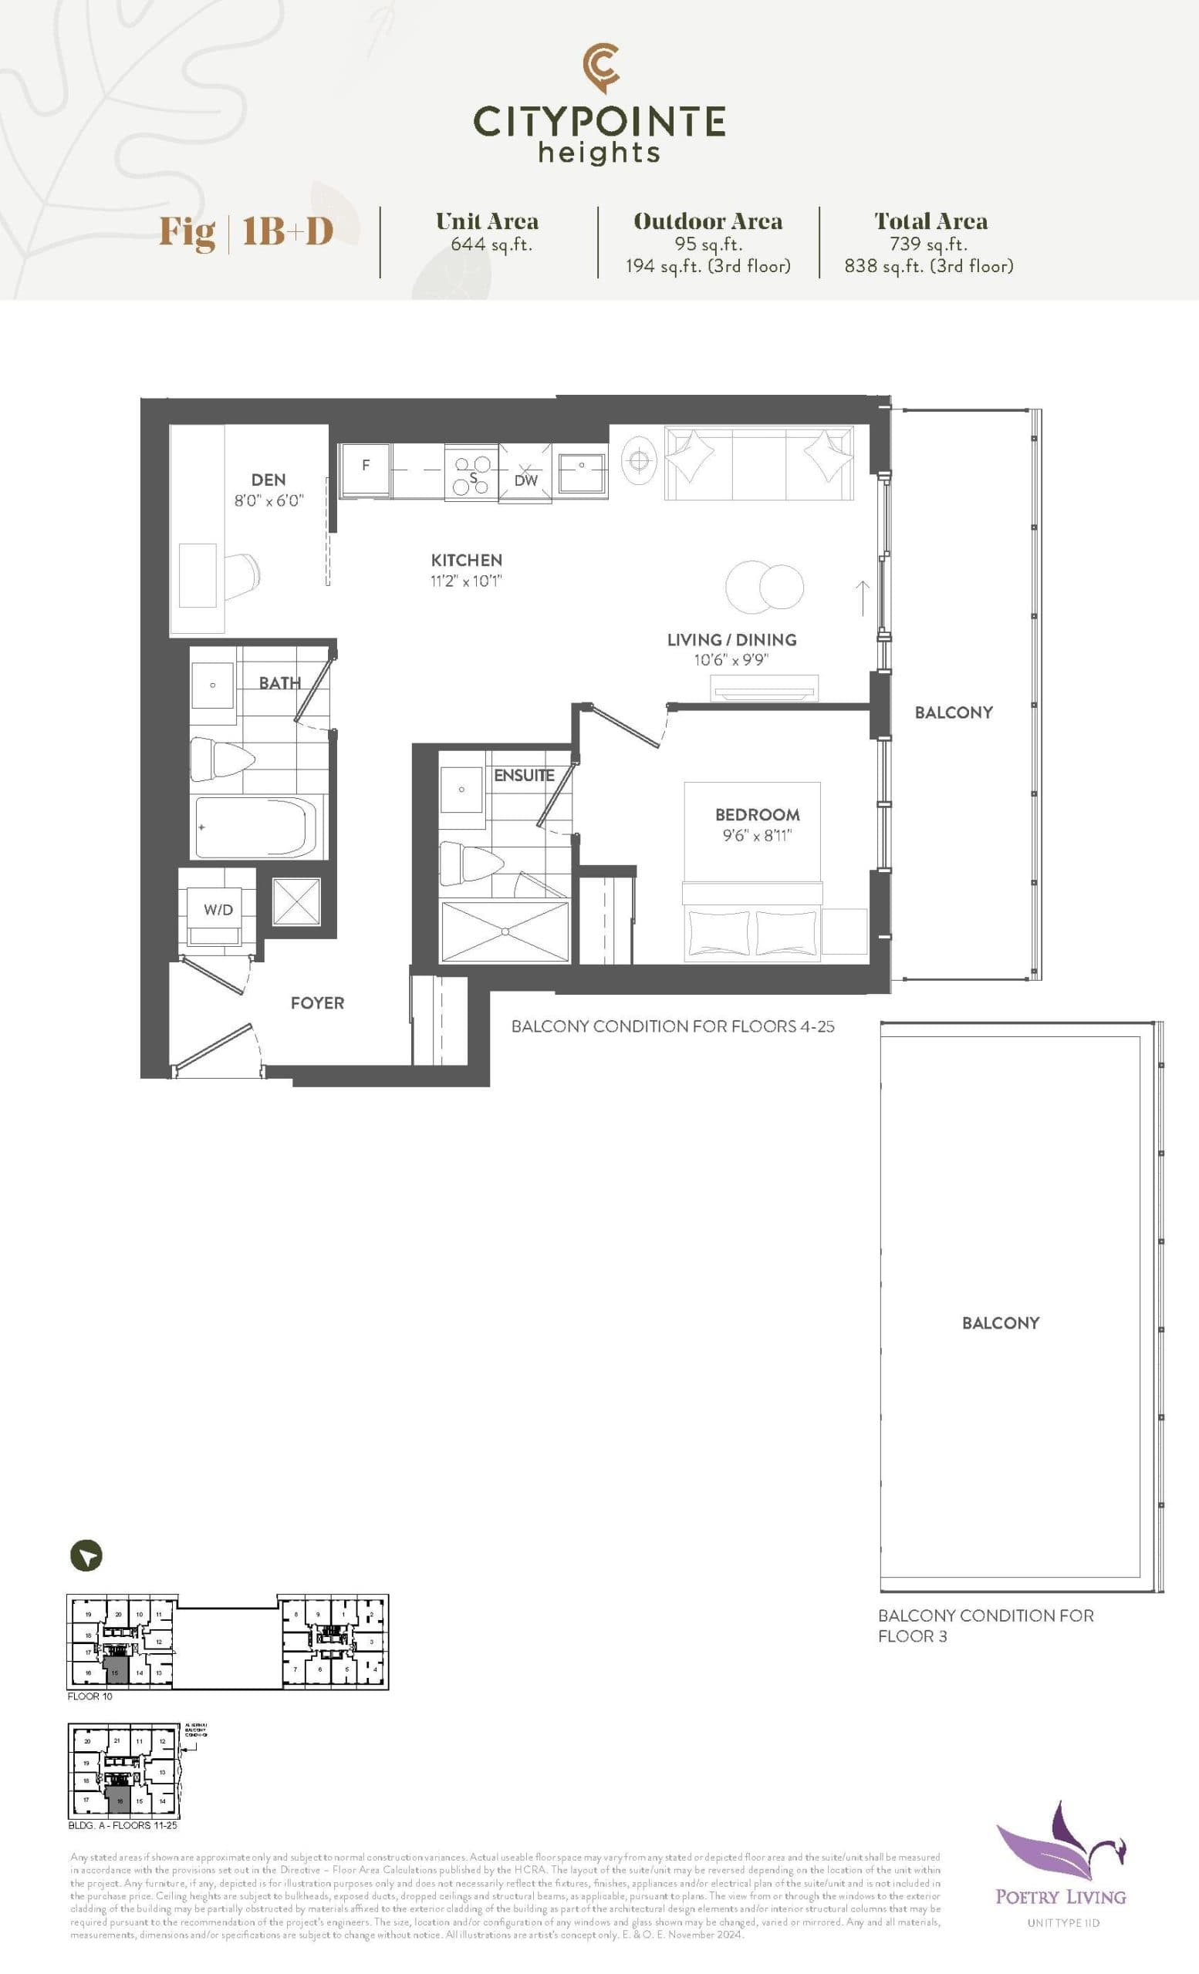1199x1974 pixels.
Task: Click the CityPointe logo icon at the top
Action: [x=600, y=67]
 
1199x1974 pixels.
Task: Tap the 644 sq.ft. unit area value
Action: [x=491, y=244]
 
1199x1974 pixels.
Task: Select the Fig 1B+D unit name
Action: [x=246, y=231]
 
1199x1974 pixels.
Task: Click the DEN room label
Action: [x=268, y=480]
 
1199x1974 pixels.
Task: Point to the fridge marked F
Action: [x=366, y=471]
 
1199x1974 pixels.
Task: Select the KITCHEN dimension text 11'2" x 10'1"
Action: [x=467, y=581]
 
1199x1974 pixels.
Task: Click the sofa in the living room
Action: [x=758, y=465]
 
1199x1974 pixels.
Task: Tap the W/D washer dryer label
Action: [x=218, y=909]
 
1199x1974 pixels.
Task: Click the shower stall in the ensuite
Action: [x=505, y=931]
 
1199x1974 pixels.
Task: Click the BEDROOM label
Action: [x=757, y=815]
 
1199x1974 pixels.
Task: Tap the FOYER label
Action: [x=317, y=1003]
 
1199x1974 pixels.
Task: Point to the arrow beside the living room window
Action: [x=863, y=598]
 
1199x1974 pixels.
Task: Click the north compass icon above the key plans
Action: [x=86, y=1556]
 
